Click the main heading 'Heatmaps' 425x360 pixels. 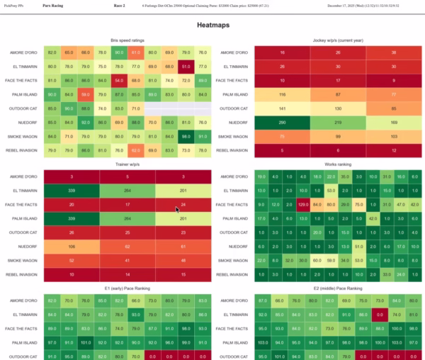(x=212, y=25)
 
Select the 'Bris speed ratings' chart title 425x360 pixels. (x=127, y=40)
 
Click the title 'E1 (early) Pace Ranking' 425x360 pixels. (x=127, y=289)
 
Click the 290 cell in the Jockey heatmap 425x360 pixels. (x=282, y=122)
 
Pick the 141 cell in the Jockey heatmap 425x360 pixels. (x=282, y=108)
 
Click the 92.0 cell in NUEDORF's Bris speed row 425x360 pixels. (x=85, y=122)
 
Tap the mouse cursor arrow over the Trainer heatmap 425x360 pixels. (x=178, y=208)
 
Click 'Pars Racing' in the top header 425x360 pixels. (x=51, y=5)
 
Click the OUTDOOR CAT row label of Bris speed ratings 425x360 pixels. (x=23, y=108)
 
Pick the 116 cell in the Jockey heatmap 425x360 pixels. (x=282, y=94)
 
